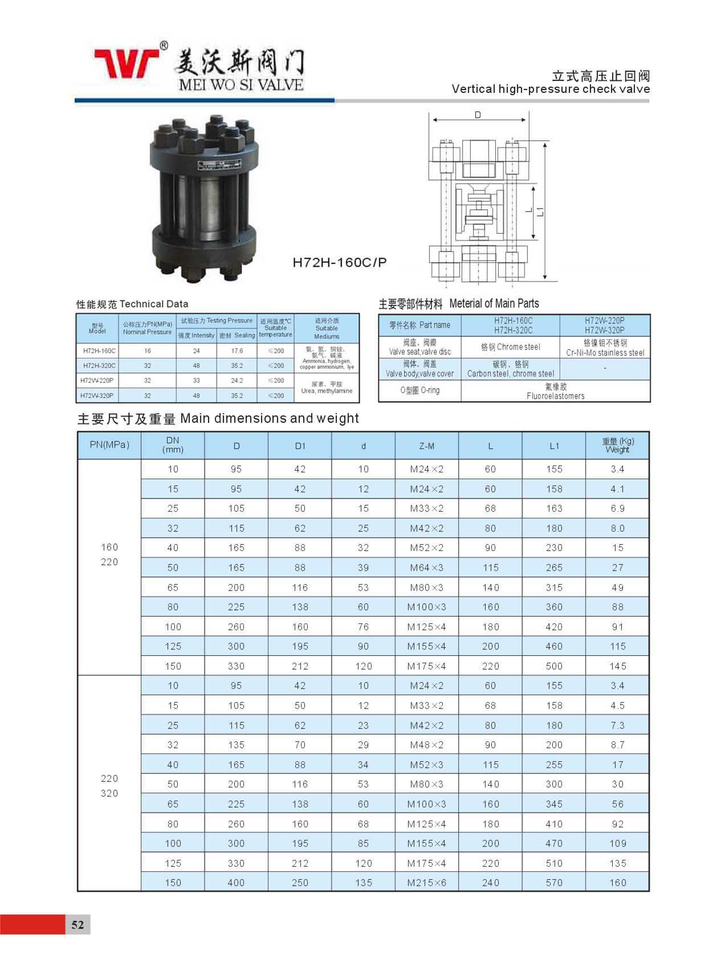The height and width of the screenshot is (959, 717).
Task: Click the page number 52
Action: (78, 924)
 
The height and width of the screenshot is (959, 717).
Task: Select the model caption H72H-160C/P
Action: (339, 262)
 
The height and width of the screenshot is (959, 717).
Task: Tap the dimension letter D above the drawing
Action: (478, 115)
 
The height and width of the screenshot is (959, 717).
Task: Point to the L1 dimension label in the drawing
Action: (540, 211)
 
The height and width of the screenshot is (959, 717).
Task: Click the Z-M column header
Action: (426, 446)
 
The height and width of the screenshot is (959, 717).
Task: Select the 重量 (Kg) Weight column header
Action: (618, 445)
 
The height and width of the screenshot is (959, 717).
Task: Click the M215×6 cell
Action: (426, 883)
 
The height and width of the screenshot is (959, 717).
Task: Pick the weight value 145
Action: (618, 666)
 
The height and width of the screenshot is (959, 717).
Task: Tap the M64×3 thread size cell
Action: (426, 568)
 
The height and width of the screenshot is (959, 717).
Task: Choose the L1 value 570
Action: (554, 883)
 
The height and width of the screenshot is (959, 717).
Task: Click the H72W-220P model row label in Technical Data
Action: (97, 381)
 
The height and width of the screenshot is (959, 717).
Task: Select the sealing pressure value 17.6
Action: (237, 351)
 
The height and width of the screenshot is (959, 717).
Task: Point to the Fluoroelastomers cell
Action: (555, 391)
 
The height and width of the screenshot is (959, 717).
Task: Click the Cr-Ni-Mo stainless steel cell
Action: (605, 348)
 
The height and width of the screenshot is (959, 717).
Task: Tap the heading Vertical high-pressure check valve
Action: (551, 89)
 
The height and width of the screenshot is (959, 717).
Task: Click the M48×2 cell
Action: (426, 745)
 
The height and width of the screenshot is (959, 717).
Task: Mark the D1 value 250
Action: (300, 883)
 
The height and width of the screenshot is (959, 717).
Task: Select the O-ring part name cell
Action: (419, 391)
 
